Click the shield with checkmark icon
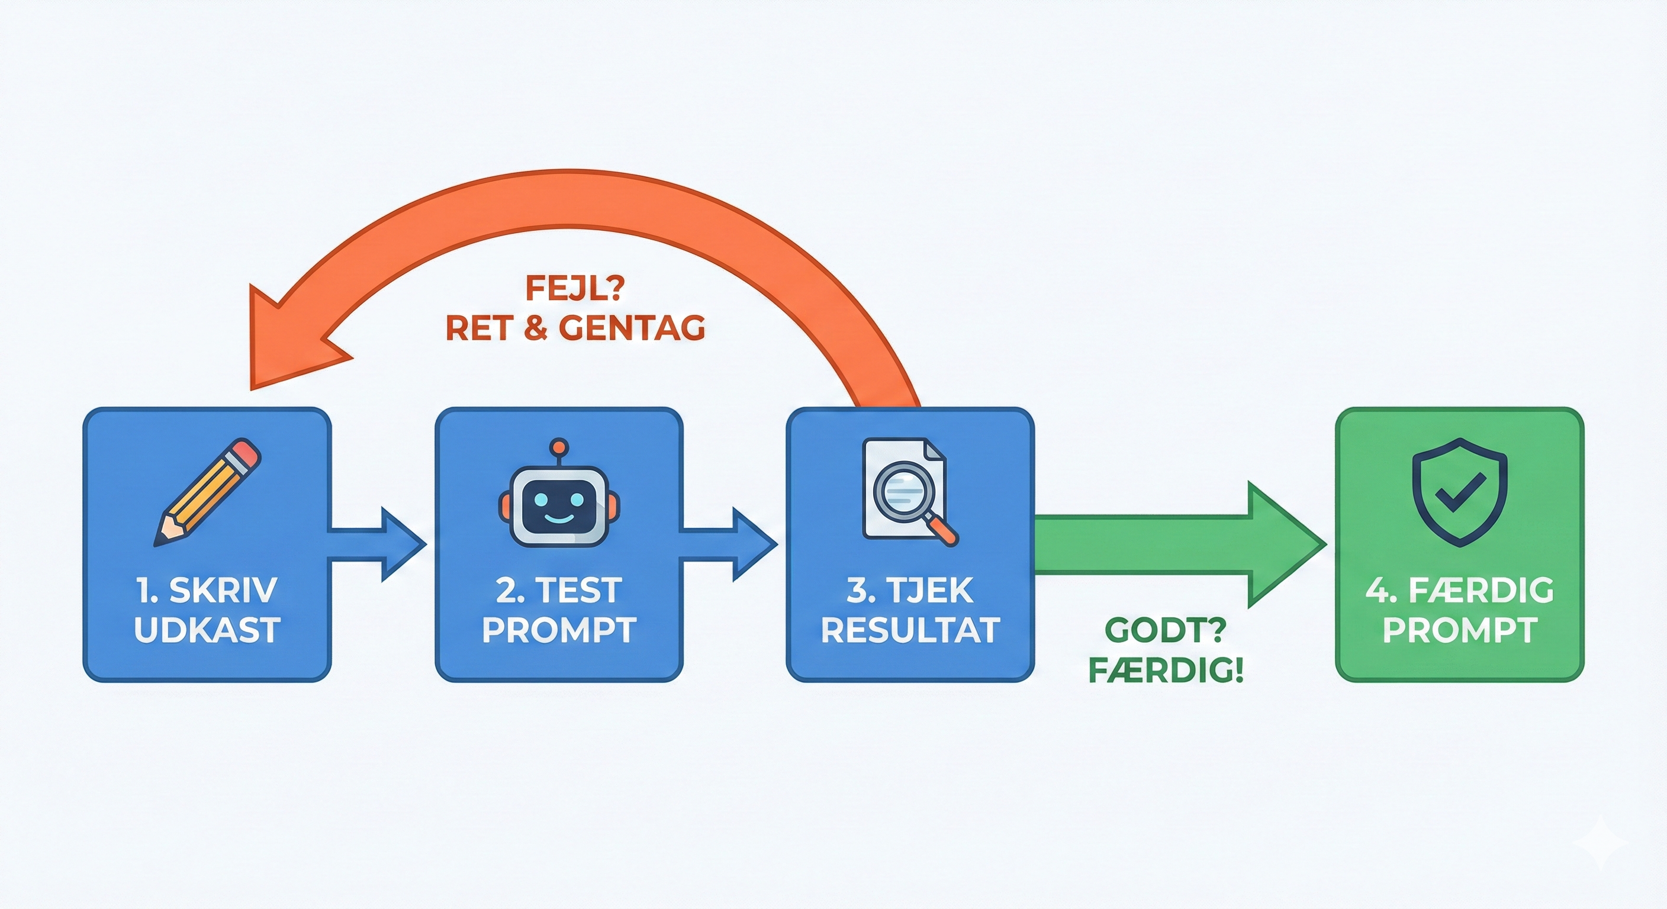(x=1459, y=492)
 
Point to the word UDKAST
(x=207, y=630)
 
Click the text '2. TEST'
(x=559, y=590)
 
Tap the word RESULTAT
(x=910, y=630)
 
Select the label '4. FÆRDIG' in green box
(x=1459, y=590)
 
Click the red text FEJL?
(x=575, y=289)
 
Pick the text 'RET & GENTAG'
(x=575, y=328)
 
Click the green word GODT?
(x=1165, y=630)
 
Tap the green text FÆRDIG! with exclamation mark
(x=1165, y=671)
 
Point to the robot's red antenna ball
(x=558, y=446)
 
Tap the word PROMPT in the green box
(x=1459, y=630)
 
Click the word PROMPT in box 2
(x=559, y=630)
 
